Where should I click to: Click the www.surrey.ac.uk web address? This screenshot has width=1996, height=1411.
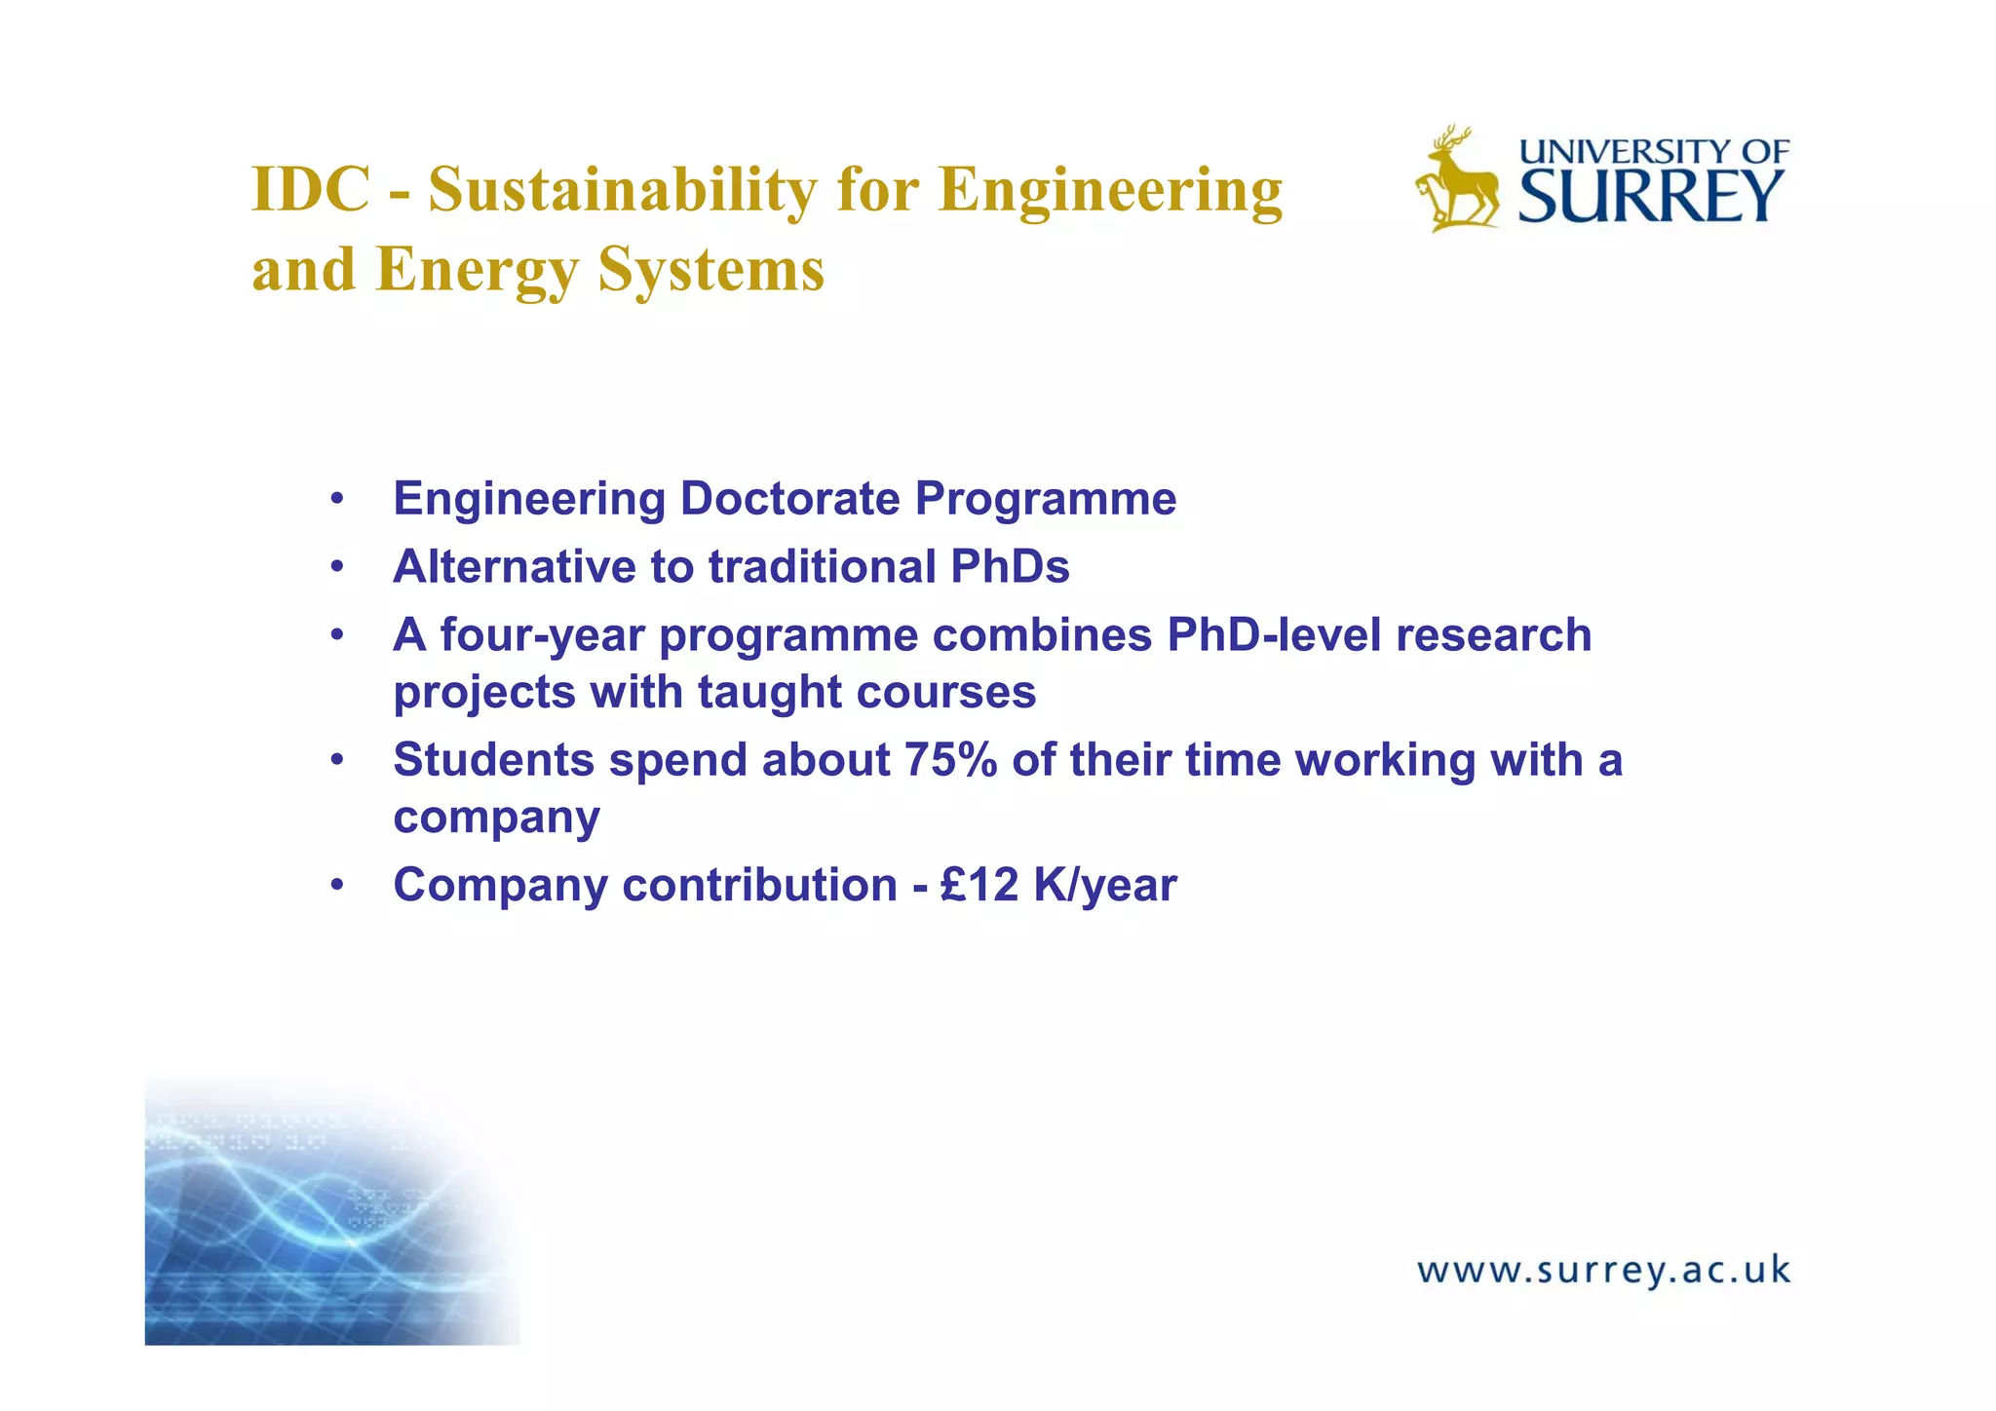coord(1603,1271)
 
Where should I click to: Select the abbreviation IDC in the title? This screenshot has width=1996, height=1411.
coord(311,189)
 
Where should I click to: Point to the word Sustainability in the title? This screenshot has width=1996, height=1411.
coord(623,189)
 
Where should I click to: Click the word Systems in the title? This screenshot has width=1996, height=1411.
coord(711,269)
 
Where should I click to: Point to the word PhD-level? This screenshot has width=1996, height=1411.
coord(1274,635)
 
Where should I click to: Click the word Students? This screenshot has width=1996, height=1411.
coord(493,760)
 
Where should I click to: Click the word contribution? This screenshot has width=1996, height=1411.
coord(760,885)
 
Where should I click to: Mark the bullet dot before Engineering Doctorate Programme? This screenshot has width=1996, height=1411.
coord(337,500)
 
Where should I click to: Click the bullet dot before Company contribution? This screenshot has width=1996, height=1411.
coord(337,886)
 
